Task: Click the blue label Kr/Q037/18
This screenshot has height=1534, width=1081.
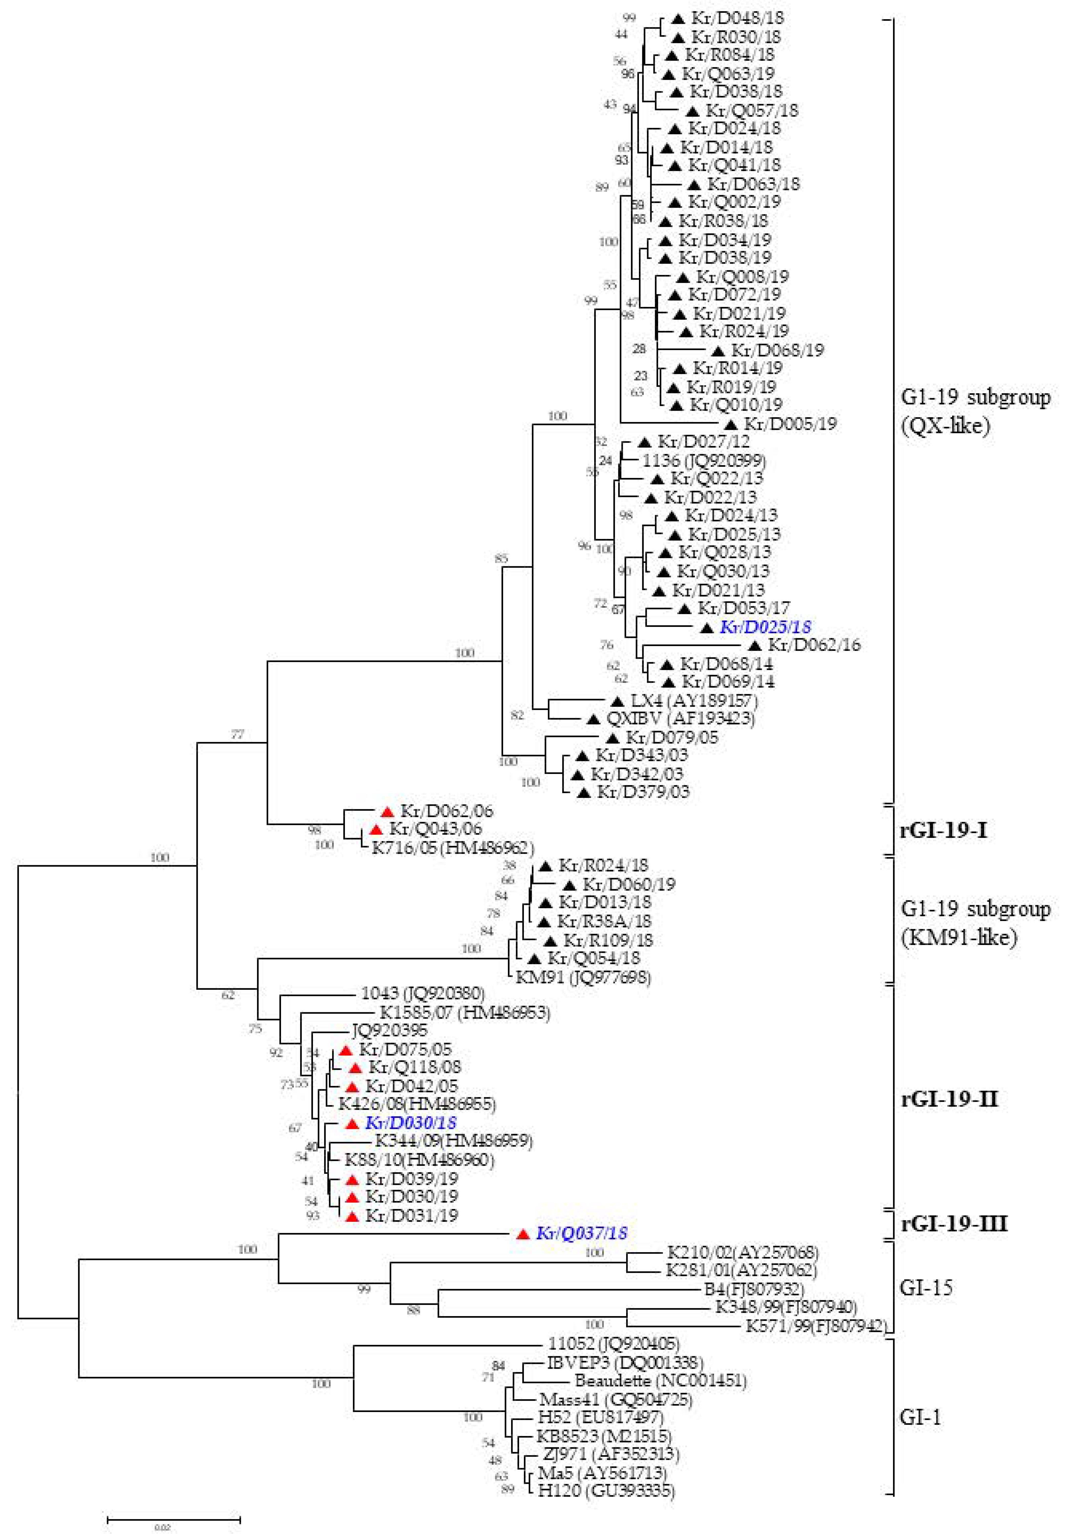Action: click(x=581, y=1233)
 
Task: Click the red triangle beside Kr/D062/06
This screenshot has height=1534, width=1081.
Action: click(x=387, y=812)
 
